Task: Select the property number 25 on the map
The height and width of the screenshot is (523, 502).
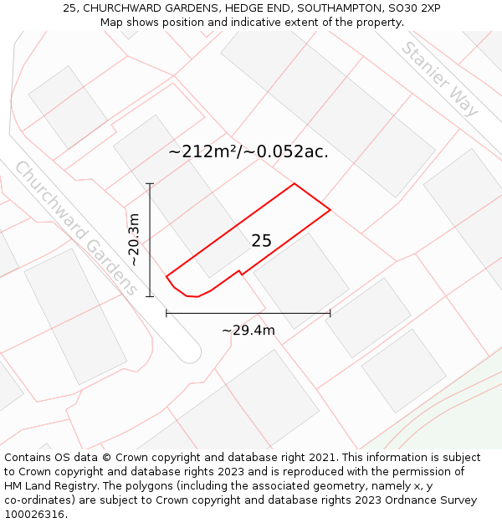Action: pyautogui.click(x=261, y=241)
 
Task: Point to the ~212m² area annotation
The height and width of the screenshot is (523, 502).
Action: pyautogui.click(x=248, y=151)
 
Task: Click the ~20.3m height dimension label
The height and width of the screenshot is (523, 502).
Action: pyautogui.click(x=134, y=240)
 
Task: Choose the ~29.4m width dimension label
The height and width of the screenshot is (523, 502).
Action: pyautogui.click(x=248, y=331)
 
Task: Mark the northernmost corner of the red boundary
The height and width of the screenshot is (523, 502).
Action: pyautogui.click(x=294, y=184)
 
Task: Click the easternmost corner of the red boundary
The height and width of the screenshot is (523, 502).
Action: pyautogui.click(x=330, y=209)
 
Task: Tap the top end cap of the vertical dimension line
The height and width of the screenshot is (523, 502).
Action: pyautogui.click(x=151, y=184)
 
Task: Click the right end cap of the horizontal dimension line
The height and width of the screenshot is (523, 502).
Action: pyautogui.click(x=330, y=314)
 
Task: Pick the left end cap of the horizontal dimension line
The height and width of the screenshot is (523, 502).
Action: pyautogui.click(x=166, y=314)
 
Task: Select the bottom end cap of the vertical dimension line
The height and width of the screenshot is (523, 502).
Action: pyautogui.click(x=151, y=296)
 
